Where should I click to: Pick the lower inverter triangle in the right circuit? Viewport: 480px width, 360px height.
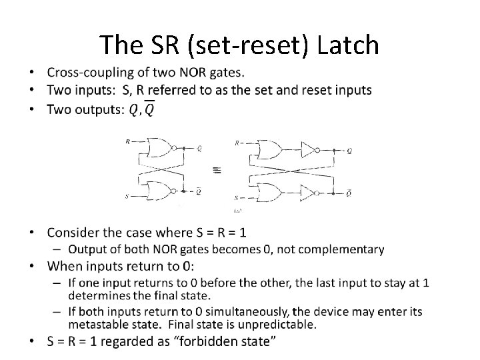click(309, 193)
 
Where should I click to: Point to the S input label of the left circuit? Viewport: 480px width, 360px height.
click(127, 197)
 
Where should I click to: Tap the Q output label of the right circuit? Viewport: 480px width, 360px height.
click(350, 151)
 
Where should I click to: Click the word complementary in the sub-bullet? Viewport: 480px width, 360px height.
click(343, 249)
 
